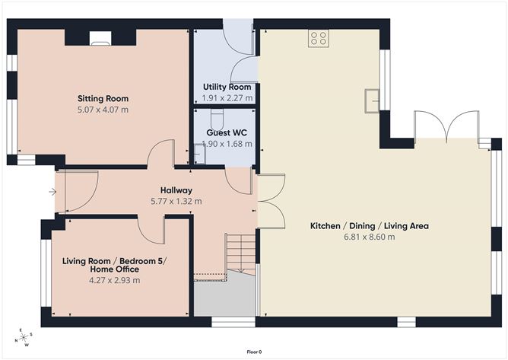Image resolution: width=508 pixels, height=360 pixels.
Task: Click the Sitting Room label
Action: click(x=103, y=98)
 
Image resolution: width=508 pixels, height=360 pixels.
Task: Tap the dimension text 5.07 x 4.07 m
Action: click(x=103, y=110)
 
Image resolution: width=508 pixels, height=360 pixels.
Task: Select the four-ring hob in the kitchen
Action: click(x=319, y=38)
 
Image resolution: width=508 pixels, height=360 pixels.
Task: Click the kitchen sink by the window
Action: click(x=373, y=99)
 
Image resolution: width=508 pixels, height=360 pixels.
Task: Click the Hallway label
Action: click(x=176, y=190)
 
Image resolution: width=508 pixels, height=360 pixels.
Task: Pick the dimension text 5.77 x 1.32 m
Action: click(x=176, y=201)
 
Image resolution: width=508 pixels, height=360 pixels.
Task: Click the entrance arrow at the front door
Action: click(x=51, y=192)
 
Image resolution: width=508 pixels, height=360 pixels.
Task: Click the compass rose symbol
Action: click(x=24, y=337)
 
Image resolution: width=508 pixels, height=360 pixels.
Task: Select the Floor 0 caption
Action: click(x=254, y=352)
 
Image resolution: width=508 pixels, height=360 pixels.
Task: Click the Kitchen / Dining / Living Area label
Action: click(x=370, y=226)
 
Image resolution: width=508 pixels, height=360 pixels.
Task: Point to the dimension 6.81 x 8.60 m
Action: click(x=370, y=237)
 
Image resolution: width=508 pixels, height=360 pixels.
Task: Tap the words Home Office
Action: click(x=115, y=269)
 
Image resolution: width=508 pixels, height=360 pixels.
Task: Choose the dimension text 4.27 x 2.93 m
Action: click(x=115, y=280)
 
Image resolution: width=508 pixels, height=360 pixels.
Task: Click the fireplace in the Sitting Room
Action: click(x=100, y=35)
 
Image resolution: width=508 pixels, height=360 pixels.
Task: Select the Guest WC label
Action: click(x=227, y=132)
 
